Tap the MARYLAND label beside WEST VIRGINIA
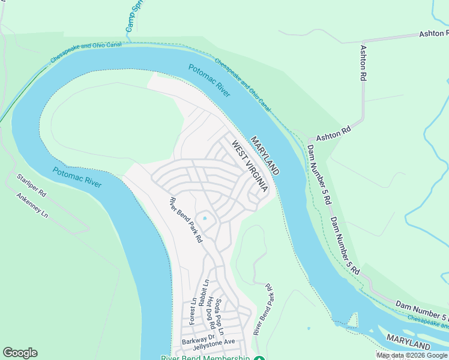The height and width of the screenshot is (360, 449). click(x=265, y=155)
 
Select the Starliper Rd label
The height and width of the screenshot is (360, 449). click(x=31, y=185)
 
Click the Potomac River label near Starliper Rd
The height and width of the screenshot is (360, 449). click(x=77, y=177)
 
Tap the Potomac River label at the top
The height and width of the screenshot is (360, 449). click(x=208, y=80)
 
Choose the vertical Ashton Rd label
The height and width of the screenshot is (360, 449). click(x=363, y=63)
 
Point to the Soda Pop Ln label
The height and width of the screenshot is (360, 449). click(x=220, y=316)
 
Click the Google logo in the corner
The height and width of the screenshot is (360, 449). click(x=20, y=353)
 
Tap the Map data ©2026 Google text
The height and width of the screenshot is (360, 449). click(x=412, y=356)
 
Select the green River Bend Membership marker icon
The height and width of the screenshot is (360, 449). click(x=259, y=359)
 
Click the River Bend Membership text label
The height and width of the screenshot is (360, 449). click(x=205, y=358)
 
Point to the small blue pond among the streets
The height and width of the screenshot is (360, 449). click(x=205, y=218)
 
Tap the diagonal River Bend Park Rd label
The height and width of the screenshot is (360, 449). click(x=185, y=220)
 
